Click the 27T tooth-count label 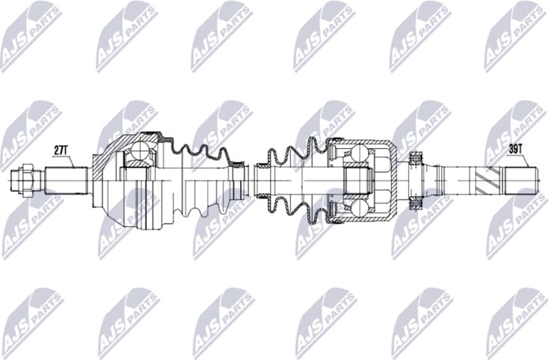click(61, 150)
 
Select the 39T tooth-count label click(515, 149)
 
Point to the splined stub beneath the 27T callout click(66, 180)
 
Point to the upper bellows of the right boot click(295, 153)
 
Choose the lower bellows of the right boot click(295, 208)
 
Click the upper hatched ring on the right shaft click(417, 156)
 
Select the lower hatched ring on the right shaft click(417, 203)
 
